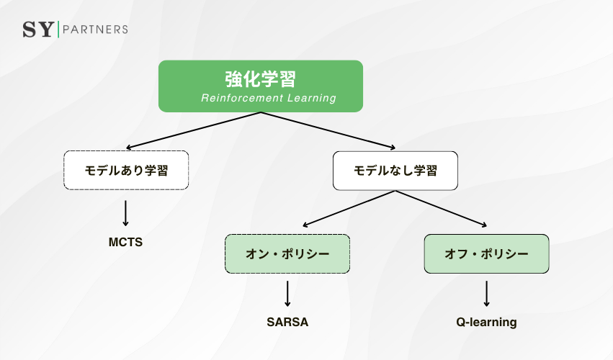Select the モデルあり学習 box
126,171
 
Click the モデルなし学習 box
395,171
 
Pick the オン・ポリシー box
287,254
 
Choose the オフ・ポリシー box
486,254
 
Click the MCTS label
125,242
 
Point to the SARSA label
287,322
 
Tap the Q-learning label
486,322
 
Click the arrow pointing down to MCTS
126,213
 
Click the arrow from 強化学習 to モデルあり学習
193,130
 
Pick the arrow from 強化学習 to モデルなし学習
328,130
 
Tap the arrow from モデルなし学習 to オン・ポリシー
348,209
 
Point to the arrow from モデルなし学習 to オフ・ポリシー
441,209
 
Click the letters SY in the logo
37,30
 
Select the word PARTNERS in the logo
96,30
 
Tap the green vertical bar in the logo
58,30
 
